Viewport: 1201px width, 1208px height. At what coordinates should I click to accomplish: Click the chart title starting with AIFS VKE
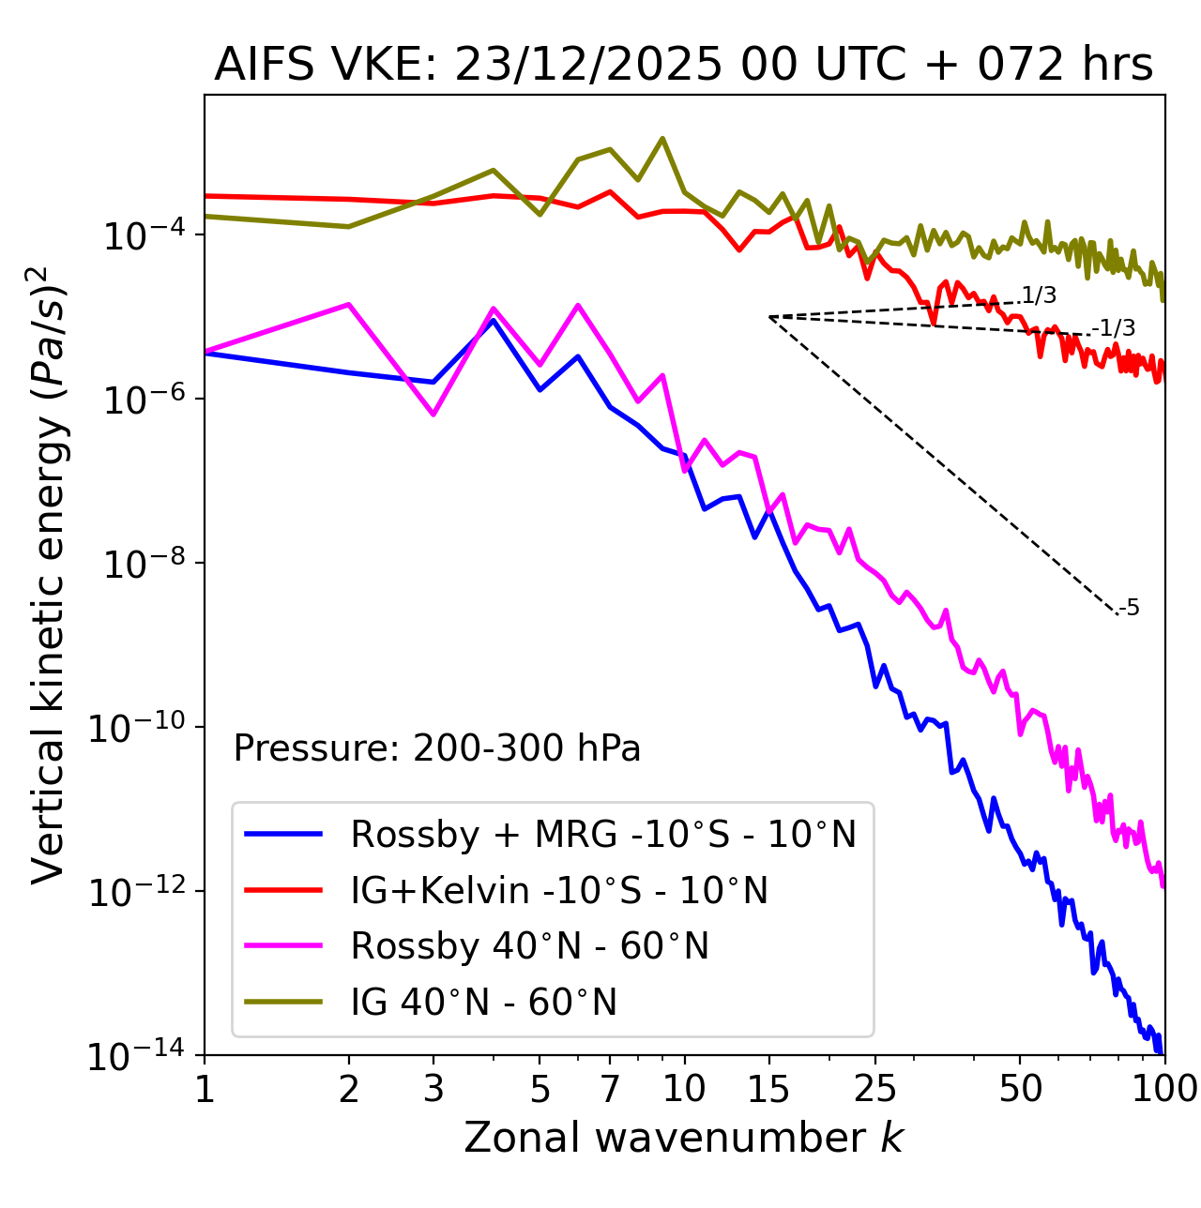point(683,65)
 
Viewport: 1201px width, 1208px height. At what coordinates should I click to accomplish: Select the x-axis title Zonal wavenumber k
point(683,1138)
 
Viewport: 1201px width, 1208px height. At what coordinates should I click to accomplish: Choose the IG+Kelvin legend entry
point(559,890)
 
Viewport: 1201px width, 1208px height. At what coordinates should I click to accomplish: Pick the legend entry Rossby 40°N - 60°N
point(529,946)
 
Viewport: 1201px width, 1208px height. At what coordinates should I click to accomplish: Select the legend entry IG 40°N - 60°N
point(483,1003)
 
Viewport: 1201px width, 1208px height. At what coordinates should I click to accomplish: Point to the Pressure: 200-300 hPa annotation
point(437,748)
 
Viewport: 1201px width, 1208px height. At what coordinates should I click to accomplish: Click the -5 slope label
point(1130,609)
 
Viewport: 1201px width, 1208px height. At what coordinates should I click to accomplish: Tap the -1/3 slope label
point(1116,328)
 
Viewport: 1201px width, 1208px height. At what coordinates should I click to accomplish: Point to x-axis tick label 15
point(769,1089)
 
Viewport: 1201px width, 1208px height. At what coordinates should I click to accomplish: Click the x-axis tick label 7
point(610,1089)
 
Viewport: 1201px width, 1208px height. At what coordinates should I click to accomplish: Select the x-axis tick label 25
point(875,1089)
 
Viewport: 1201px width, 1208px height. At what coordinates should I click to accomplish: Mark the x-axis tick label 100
point(1163,1089)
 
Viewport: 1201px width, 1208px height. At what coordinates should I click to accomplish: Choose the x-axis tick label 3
point(433,1089)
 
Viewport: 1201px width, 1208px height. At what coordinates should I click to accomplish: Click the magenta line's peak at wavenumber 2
point(349,304)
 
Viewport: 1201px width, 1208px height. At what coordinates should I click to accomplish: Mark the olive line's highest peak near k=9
point(662,139)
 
